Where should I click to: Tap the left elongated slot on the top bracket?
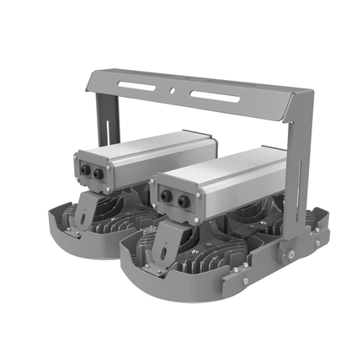point(139,85)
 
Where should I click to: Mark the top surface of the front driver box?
point(223,165)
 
